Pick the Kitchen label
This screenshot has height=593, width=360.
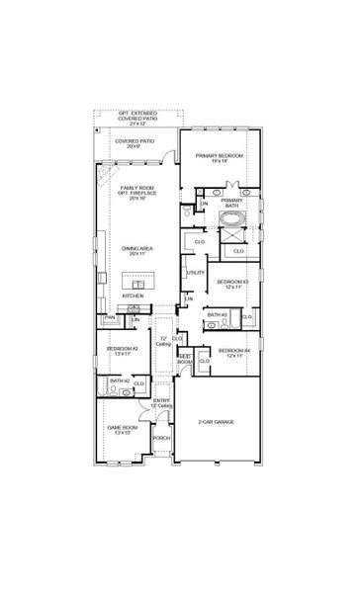(132, 296)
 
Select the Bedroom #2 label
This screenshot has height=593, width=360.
(123, 349)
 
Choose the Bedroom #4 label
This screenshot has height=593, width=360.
(233, 352)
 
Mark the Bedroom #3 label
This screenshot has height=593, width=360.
(232, 284)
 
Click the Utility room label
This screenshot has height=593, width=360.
(196, 272)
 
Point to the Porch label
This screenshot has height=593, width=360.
(161, 438)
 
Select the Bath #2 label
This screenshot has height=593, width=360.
(119, 381)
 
